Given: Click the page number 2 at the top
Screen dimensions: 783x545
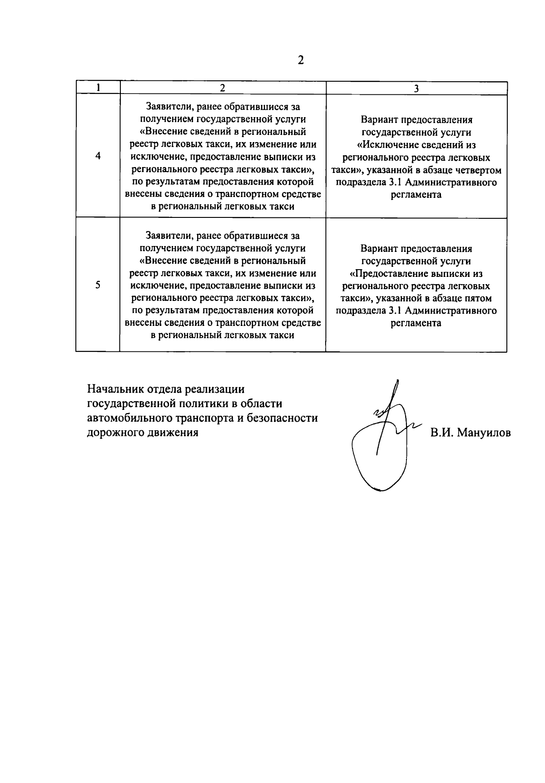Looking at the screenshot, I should coord(300,60).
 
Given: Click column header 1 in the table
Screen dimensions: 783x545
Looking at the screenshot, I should coord(98,87).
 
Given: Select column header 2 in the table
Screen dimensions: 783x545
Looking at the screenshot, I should coord(223,88).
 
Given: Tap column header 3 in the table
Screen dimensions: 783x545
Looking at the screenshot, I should coord(416,89).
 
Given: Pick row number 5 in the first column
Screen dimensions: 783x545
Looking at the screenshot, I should coord(98,285).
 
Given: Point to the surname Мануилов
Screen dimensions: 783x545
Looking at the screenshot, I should coord(484,433).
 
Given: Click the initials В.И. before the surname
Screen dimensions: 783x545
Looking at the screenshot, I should coord(441,433).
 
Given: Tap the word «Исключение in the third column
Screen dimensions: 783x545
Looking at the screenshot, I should coord(387,145).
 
